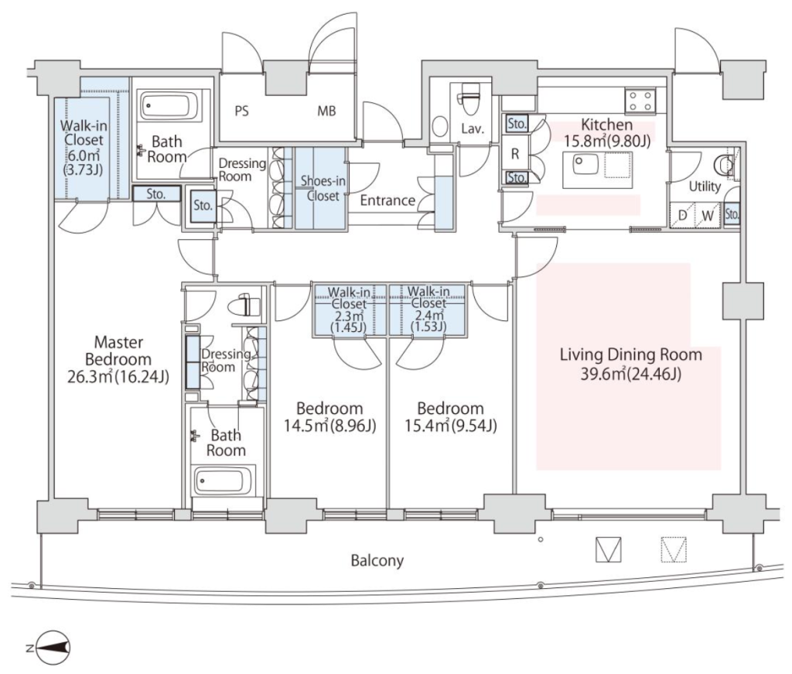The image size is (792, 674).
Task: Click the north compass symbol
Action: pos(53,648)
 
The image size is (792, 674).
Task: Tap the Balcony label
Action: pos(377,560)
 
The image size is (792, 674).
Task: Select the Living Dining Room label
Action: pos(630,364)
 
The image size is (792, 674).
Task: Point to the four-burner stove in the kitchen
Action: pos(640,100)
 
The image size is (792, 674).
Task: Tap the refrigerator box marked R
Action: pos(514,153)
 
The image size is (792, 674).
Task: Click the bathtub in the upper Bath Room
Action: pos(166,106)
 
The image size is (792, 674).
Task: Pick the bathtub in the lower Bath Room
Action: pos(223,481)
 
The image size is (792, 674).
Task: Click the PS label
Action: pos(241,111)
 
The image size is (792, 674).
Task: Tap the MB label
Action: pos(326,111)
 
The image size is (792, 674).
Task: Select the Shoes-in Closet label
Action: pos(323,188)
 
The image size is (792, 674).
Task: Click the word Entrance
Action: pos(387,200)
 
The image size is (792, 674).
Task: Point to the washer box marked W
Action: pos(708,215)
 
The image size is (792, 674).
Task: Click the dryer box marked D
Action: pos(683,215)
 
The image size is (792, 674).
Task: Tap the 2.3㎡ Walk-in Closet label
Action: pos(349,310)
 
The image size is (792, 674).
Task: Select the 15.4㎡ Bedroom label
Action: pos(451,417)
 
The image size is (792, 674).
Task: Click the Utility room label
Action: pos(705,186)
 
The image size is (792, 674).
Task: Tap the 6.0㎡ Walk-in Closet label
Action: pos(84,147)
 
